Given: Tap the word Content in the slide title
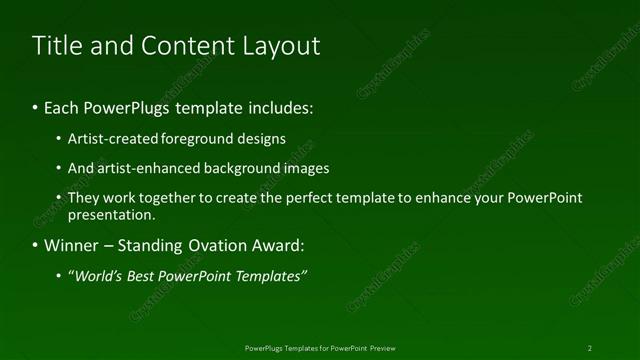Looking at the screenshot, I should click(178, 46).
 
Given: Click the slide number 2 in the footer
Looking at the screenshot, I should click(590, 347).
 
